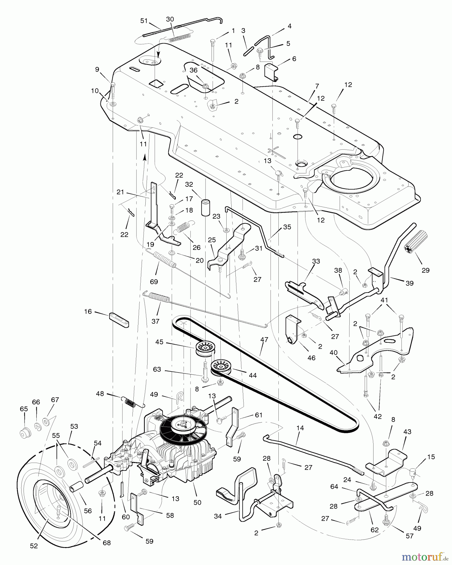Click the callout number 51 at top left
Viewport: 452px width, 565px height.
(144, 21)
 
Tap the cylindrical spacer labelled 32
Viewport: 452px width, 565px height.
(205, 207)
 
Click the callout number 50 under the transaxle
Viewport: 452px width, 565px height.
(197, 502)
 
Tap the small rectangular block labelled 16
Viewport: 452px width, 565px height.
(119, 320)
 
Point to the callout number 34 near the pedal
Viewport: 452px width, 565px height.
(218, 516)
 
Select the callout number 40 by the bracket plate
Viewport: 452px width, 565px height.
(333, 352)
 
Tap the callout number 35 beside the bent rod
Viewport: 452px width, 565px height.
(287, 227)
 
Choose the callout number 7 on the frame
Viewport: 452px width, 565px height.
(317, 86)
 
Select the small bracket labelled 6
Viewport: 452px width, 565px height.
(271, 72)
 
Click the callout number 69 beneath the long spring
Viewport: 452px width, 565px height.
(154, 282)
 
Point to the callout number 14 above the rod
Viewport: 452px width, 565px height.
(300, 428)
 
